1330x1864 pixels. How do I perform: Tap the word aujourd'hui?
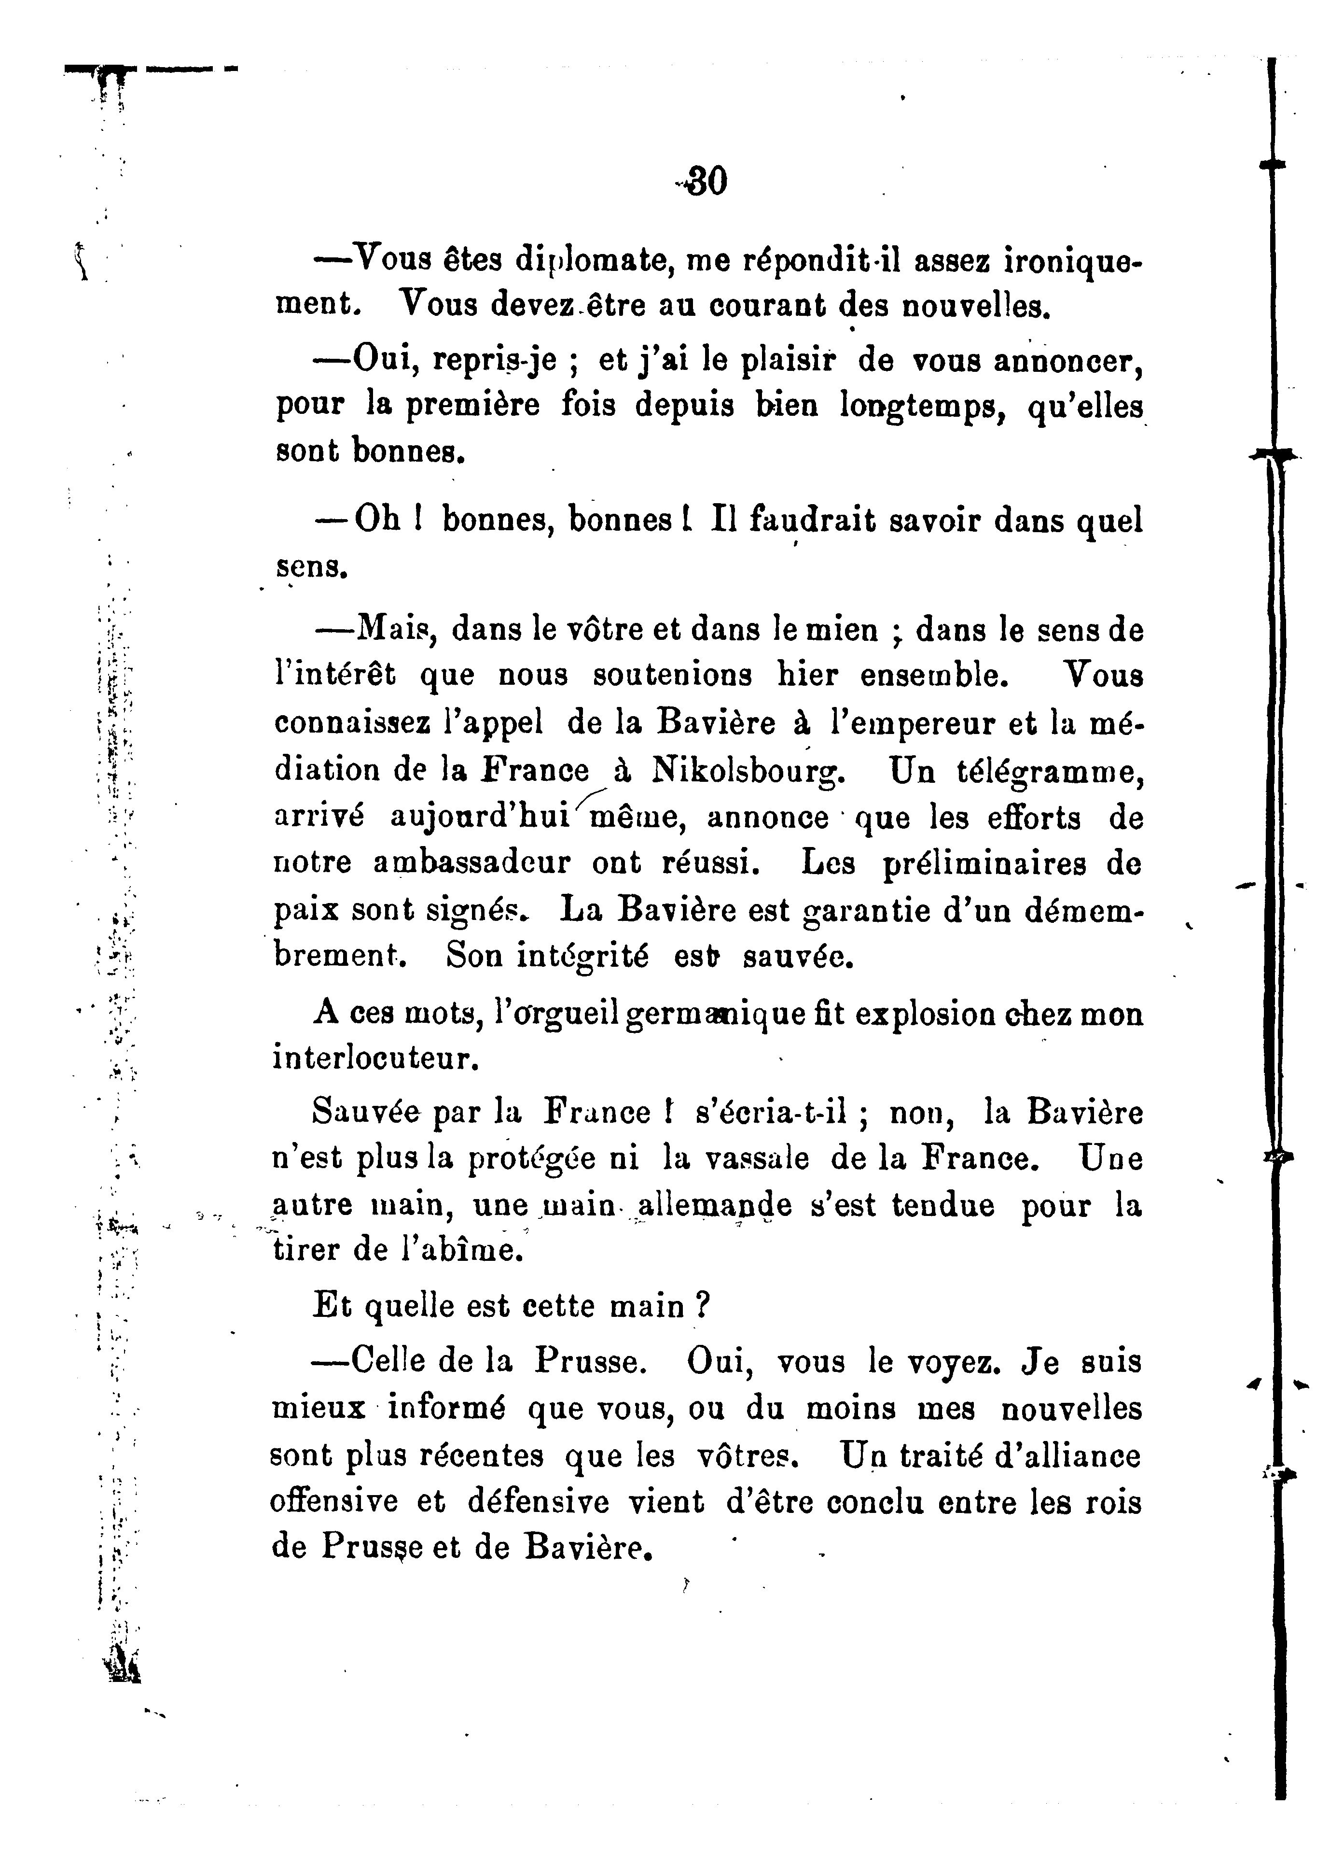point(479,817)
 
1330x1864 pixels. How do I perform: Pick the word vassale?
point(758,1158)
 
